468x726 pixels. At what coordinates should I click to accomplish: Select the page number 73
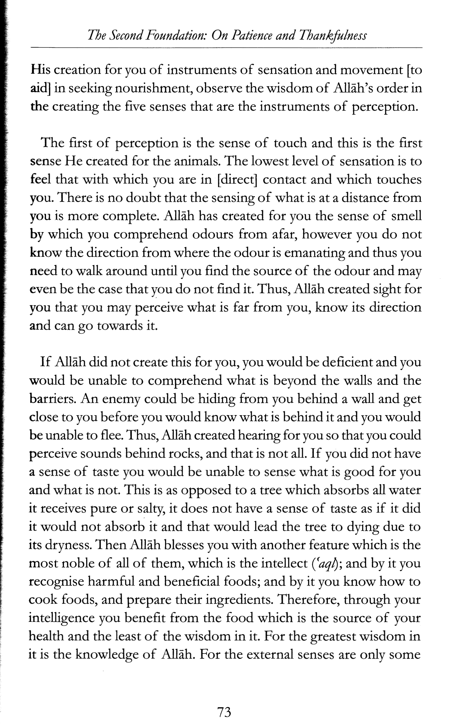tap(224, 704)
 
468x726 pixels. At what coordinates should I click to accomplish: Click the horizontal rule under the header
tap(227, 48)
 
